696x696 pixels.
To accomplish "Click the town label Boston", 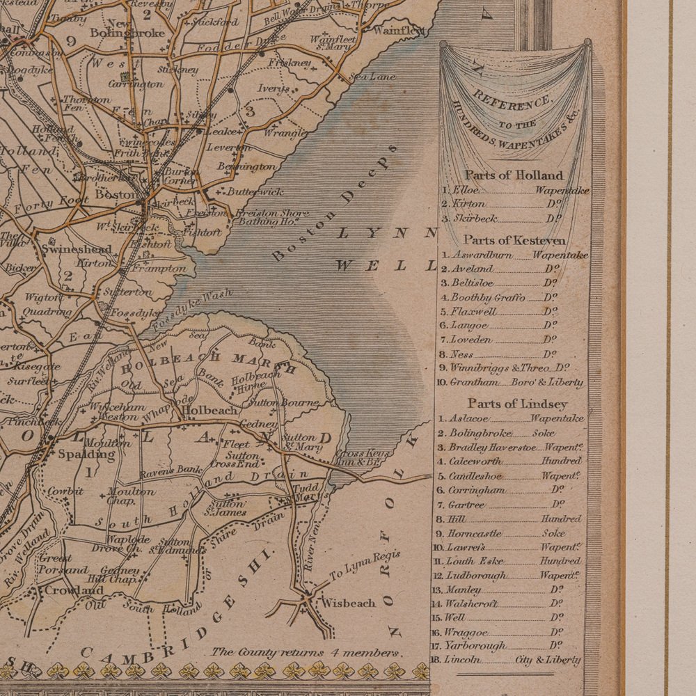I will [x=116, y=195].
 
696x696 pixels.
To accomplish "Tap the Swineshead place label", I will [x=68, y=248].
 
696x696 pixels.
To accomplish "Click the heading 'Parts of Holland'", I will [x=514, y=175].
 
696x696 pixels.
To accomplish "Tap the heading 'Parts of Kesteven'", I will [x=514, y=240].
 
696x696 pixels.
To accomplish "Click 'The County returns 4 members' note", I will [x=306, y=652].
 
